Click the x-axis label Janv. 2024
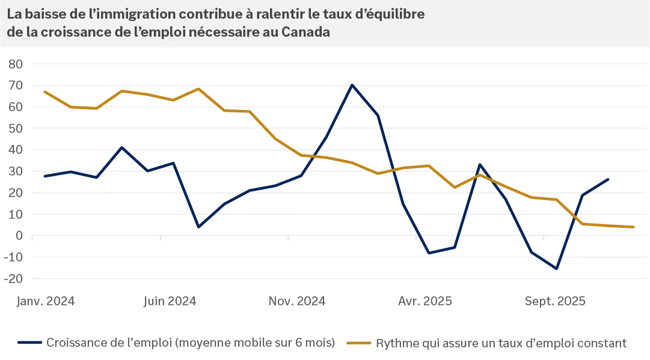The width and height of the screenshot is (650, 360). [x=45, y=301]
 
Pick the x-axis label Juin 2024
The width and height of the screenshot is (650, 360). [x=170, y=301]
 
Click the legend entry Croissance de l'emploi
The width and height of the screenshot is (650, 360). [x=190, y=343]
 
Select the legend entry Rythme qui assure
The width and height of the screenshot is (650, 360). [x=501, y=343]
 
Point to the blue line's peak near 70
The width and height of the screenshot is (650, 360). [x=352, y=85]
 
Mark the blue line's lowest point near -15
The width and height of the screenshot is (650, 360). [x=557, y=269]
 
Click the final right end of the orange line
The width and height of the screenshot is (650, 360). [x=634, y=227]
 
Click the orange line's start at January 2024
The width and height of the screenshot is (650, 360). [x=44, y=91]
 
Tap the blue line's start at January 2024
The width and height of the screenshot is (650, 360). [x=44, y=176]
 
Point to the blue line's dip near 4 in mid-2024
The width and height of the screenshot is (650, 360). [x=198, y=227]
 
